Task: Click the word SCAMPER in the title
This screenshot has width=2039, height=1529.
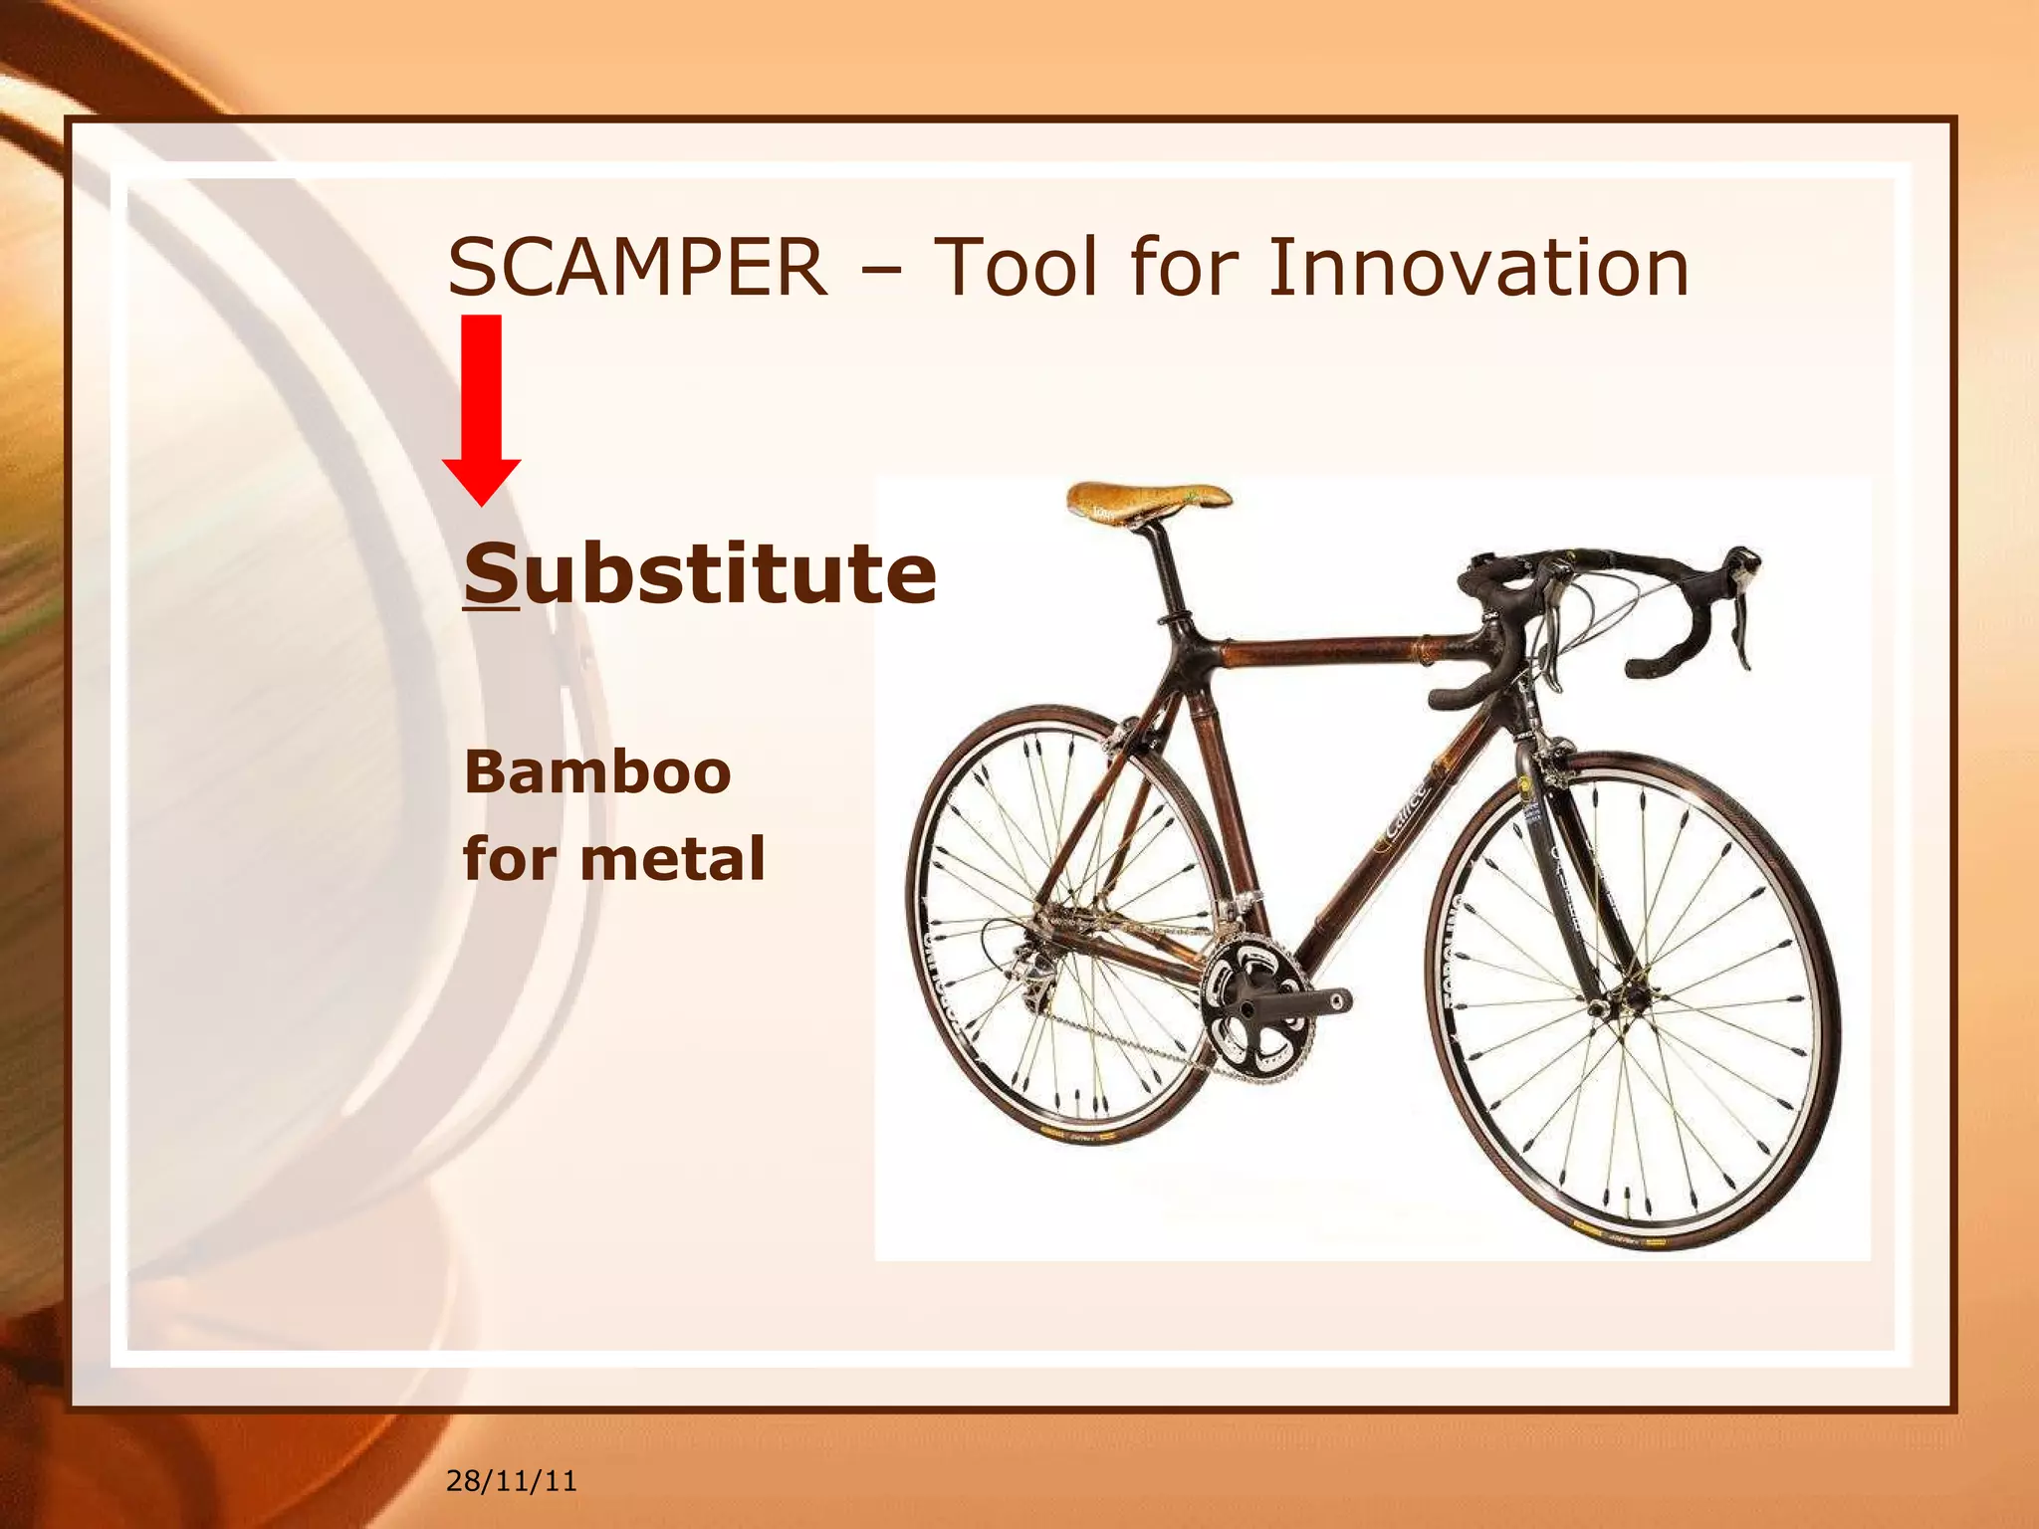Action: (637, 268)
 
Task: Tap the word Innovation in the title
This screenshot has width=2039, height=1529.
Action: (1477, 268)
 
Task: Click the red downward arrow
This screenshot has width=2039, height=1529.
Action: (482, 408)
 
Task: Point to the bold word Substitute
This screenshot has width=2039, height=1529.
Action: (700, 574)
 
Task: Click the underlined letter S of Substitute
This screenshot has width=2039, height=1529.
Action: (491, 574)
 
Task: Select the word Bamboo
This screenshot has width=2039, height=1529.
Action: (597, 772)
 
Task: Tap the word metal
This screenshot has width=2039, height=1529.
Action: (672, 859)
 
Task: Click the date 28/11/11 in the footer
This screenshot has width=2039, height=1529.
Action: (511, 1481)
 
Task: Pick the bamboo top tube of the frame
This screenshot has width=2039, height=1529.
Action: (1324, 652)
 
